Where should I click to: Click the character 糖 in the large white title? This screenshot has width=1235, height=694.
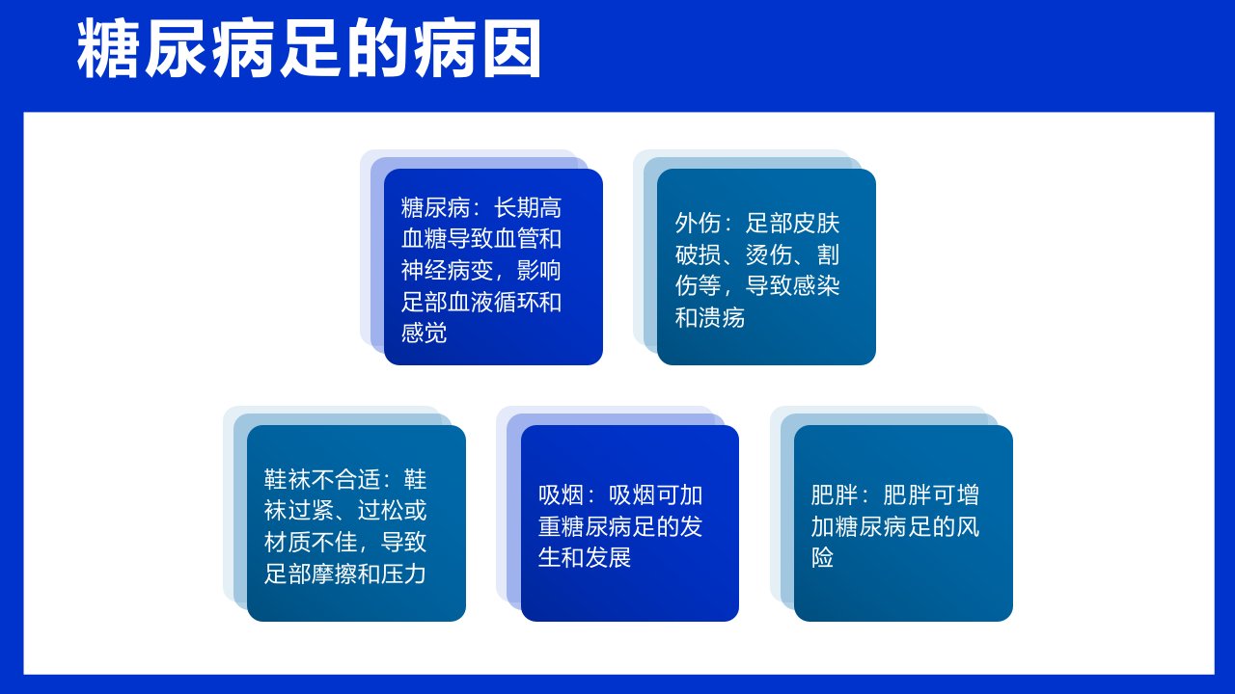107,49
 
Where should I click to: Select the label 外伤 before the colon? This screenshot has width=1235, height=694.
698,223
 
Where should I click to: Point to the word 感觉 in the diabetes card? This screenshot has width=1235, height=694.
424,333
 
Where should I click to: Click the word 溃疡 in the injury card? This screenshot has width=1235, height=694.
722,317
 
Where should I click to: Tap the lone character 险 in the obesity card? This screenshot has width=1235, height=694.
822,557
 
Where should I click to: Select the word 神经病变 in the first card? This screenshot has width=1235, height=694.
447,270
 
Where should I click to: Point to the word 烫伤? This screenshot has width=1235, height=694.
769,254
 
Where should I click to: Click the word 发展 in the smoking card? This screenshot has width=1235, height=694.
608,557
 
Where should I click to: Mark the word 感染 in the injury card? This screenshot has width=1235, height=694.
816,286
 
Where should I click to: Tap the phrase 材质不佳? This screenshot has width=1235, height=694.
311,542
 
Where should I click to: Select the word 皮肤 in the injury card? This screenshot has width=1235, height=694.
816,223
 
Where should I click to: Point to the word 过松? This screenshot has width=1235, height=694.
380,511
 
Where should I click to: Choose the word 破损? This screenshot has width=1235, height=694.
698,254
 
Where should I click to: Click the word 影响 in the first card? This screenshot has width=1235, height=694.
539,270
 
